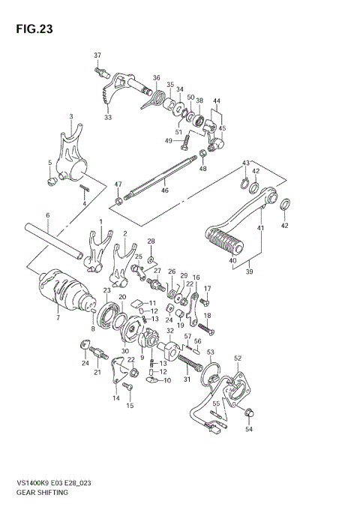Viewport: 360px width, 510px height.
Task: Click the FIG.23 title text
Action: (31, 30)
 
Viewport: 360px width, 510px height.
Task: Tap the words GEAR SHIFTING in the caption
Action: (40, 493)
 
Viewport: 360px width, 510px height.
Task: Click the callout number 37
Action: (97, 56)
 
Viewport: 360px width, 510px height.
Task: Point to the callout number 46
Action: (164, 190)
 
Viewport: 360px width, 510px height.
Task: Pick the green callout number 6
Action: (47, 216)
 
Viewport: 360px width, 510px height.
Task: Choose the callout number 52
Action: (238, 358)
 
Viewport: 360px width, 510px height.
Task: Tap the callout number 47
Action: (118, 184)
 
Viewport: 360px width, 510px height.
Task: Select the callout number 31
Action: (187, 378)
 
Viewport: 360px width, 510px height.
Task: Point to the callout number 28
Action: (150, 241)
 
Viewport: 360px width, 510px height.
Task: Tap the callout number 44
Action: (217, 100)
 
